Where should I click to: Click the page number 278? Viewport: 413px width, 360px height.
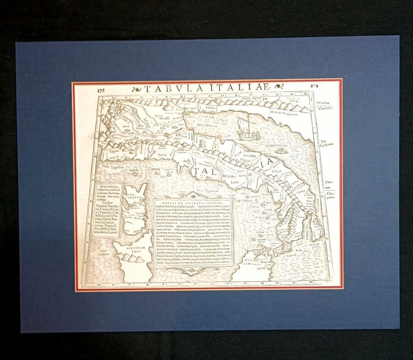coord(100,90)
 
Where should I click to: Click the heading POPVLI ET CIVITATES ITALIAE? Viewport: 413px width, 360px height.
coord(192,203)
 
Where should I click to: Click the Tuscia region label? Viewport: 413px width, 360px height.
coord(162,155)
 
